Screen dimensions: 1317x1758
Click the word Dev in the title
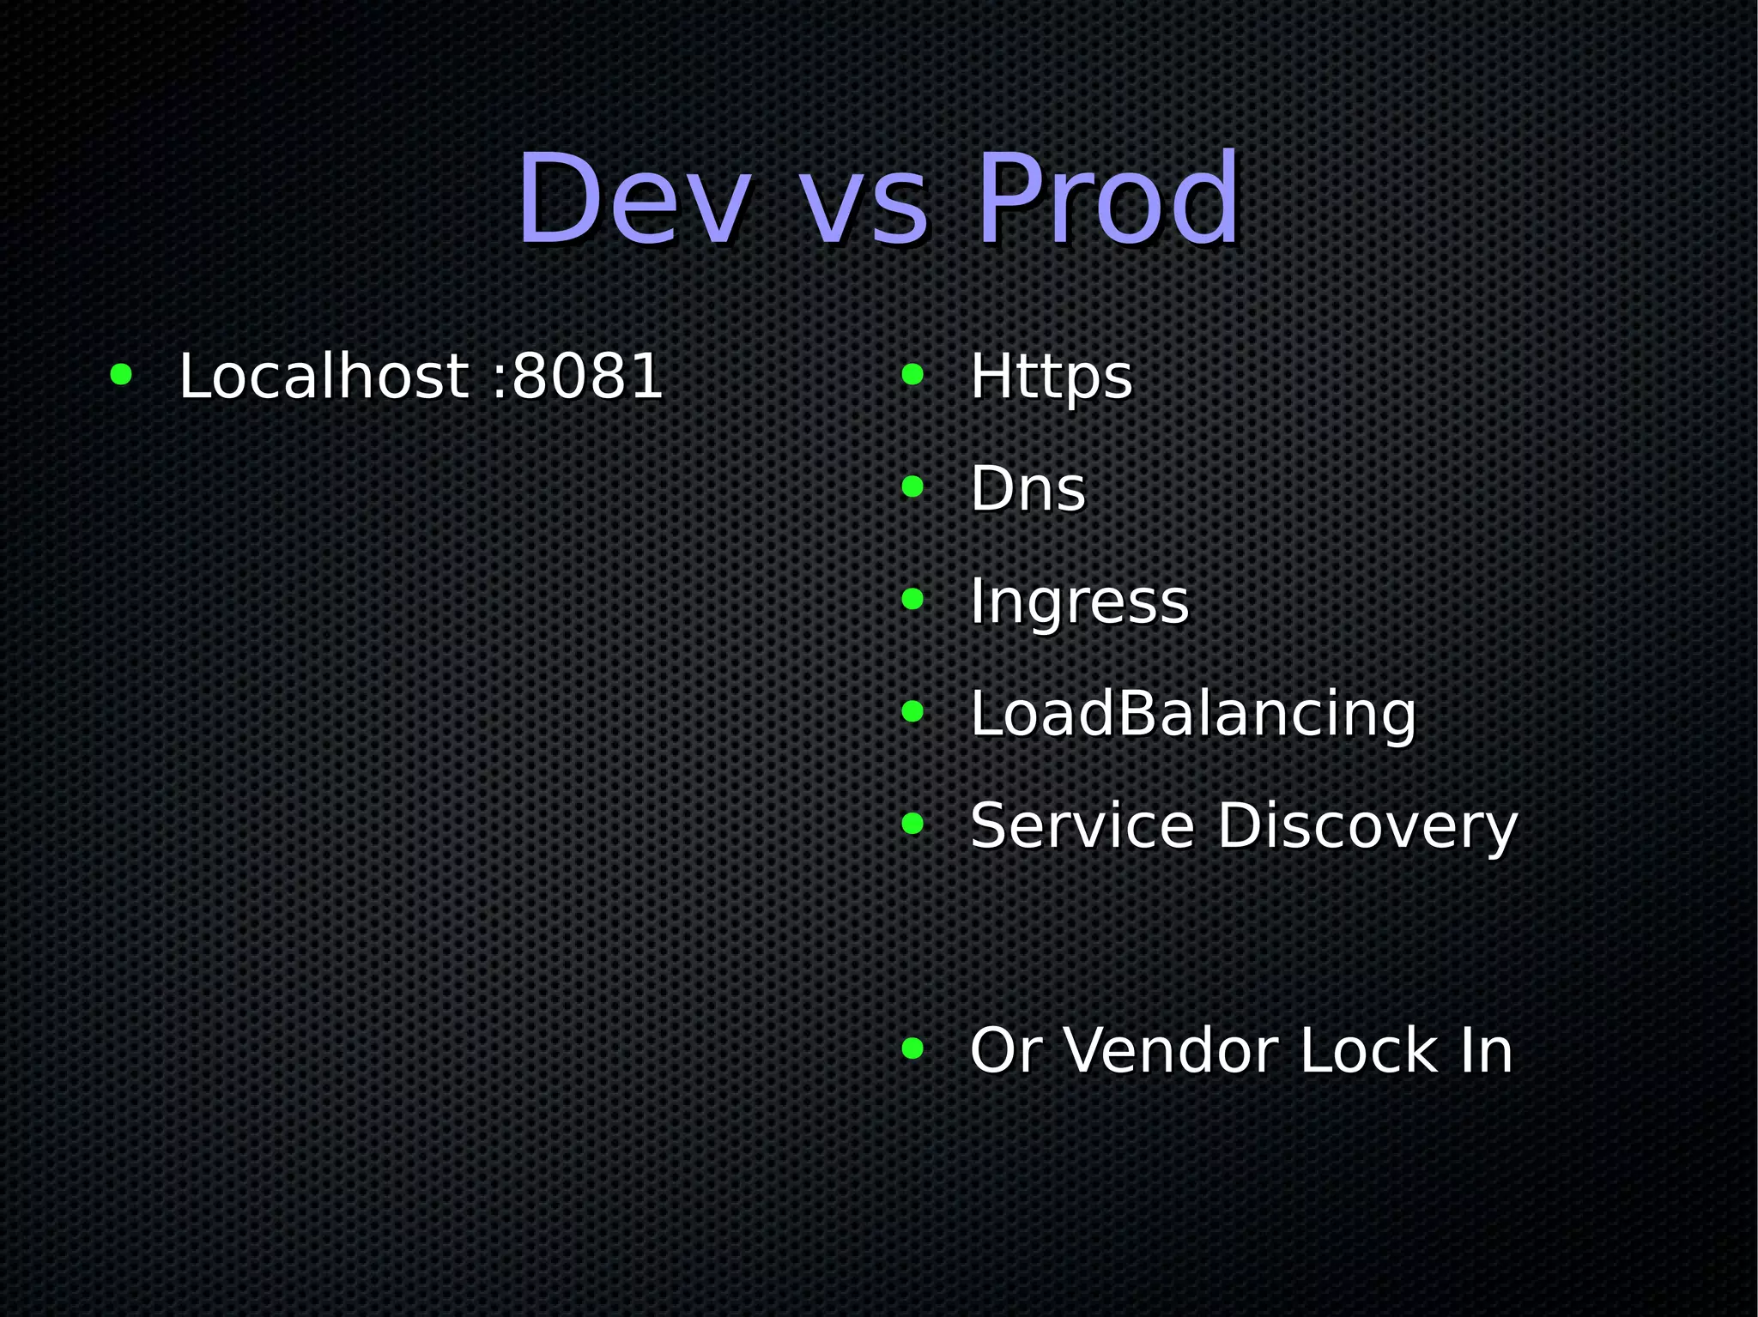click(633, 199)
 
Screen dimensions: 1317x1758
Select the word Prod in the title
click(1109, 199)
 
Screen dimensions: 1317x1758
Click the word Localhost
click(324, 376)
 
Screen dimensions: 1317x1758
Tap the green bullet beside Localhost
click(121, 374)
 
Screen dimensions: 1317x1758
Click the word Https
click(1051, 378)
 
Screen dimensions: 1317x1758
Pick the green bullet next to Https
click(912, 374)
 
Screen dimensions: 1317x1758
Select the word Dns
click(1028, 488)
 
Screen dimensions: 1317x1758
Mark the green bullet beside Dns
click(912, 486)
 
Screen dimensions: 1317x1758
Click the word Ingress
click(1079, 602)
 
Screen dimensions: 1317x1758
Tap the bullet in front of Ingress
click(912, 599)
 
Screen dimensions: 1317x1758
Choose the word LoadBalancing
click(1192, 714)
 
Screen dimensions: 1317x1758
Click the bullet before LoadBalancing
click(912, 711)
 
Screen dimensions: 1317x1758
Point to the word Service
click(1082, 825)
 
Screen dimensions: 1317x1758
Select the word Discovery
click(1367, 827)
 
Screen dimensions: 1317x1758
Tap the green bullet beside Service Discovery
click(912, 824)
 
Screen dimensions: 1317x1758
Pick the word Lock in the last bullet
click(1368, 1050)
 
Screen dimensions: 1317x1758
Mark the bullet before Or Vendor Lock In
click(912, 1048)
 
